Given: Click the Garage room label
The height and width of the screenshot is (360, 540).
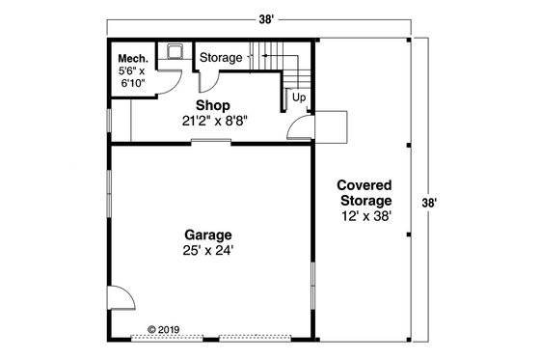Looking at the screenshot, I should pyautogui.click(x=208, y=234).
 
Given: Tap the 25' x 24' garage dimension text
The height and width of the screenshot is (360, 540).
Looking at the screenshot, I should pyautogui.click(x=208, y=250).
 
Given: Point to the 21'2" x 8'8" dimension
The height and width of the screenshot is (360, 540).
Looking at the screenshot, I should pyautogui.click(x=212, y=122).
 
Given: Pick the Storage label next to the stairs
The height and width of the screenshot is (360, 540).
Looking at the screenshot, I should pyautogui.click(x=221, y=58).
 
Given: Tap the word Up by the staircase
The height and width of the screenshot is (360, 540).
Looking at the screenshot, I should pyautogui.click(x=299, y=98).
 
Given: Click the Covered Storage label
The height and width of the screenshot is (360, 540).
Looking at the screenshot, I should pyautogui.click(x=364, y=192).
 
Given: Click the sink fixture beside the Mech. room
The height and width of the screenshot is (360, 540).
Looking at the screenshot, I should pyautogui.click(x=175, y=50).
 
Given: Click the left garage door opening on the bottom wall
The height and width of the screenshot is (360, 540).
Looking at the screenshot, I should pyautogui.click(x=167, y=337).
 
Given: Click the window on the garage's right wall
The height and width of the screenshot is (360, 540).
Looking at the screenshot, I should pyautogui.click(x=313, y=286).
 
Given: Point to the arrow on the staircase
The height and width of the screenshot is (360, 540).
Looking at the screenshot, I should pyautogui.click(x=255, y=57).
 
